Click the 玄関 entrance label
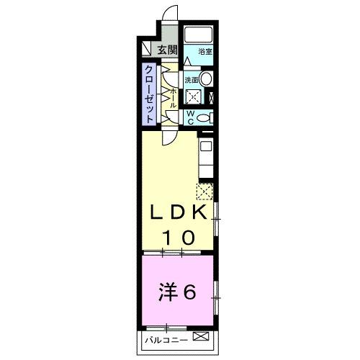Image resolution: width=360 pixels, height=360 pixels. (x=167, y=50)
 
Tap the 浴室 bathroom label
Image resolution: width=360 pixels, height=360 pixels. (x=205, y=52)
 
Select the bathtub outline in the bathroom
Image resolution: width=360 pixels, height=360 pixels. (x=196, y=36)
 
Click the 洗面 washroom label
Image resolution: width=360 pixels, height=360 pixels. (x=191, y=79)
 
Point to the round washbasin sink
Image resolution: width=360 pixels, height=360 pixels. (x=206, y=79)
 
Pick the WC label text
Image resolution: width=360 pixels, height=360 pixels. (x=190, y=117)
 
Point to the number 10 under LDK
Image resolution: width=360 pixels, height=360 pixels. (x=179, y=236)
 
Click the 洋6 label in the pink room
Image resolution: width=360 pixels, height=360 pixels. (x=177, y=291)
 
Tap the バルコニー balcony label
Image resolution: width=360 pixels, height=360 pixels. (x=166, y=338)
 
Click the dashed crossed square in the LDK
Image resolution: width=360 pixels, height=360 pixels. (x=204, y=191)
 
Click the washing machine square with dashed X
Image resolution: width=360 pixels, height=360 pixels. (x=193, y=98)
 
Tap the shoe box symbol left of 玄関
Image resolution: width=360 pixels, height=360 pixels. (x=147, y=50)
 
